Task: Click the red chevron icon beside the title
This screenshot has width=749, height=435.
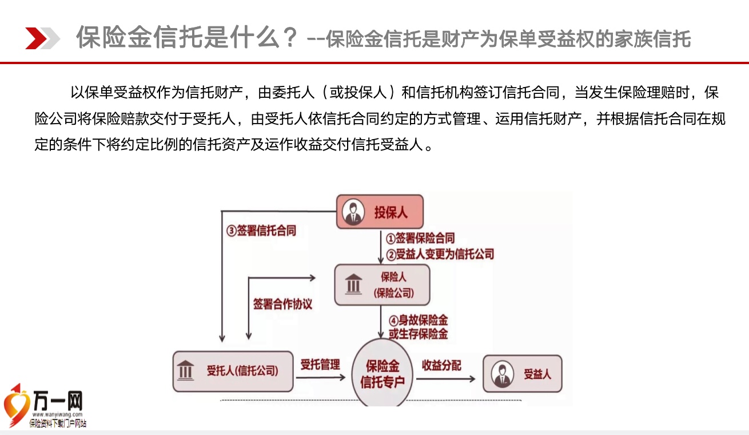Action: pyautogui.click(x=36, y=38)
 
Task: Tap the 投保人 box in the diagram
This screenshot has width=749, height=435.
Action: pyautogui.click(x=380, y=212)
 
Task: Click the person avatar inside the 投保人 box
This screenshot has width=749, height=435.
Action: pyautogui.click(x=353, y=212)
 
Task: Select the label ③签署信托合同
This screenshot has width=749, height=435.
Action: pyautogui.click(x=261, y=231)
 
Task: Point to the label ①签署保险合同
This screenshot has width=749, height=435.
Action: pyautogui.click(x=420, y=238)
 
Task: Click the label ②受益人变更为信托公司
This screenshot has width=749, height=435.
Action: pyautogui.click(x=440, y=254)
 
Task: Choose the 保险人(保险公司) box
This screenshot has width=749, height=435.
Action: pyautogui.click(x=382, y=285)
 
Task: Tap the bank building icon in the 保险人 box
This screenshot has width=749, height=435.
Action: pyautogui.click(x=353, y=284)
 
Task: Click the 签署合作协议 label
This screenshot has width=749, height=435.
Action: pyautogui.click(x=282, y=304)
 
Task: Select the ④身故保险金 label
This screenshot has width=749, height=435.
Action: pyautogui.click(x=418, y=320)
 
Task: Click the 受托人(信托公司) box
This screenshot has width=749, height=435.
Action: pyautogui.click(x=233, y=371)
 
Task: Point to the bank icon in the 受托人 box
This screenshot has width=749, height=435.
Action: pyautogui.click(x=186, y=370)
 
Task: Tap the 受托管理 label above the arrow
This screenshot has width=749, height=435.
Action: pyautogui.click(x=320, y=365)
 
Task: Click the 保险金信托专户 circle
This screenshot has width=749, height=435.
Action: pyautogui.click(x=382, y=373)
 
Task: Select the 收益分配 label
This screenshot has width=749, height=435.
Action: pyautogui.click(x=441, y=365)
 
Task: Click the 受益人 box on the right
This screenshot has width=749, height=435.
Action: pyautogui.click(x=523, y=374)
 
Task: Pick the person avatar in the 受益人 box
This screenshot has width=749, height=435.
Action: pyautogui.click(x=502, y=374)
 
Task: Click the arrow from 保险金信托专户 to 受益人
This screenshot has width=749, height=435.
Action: pyautogui.click(x=446, y=379)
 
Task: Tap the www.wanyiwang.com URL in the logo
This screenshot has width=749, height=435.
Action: pyautogui.click(x=57, y=414)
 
